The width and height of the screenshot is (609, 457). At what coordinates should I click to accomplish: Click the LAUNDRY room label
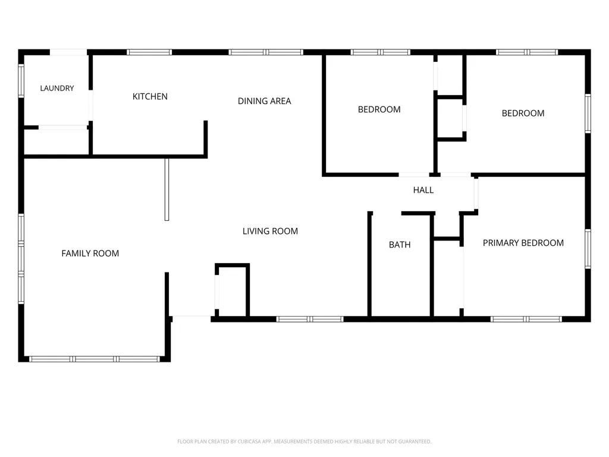(57, 88)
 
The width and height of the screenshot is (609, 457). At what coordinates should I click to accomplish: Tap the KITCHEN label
(150, 96)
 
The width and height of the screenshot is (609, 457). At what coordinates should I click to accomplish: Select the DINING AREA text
(265, 101)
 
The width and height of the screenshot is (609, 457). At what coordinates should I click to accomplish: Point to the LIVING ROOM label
(271, 231)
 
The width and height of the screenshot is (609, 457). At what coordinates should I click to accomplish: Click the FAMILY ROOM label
(90, 253)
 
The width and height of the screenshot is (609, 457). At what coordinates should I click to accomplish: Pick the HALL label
(423, 190)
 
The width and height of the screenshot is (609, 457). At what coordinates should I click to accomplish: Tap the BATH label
(400, 245)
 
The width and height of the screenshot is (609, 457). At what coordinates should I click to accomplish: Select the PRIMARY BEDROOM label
(523, 243)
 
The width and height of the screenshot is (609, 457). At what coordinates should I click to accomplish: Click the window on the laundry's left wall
(21, 81)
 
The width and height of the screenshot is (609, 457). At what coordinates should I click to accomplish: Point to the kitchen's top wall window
(149, 52)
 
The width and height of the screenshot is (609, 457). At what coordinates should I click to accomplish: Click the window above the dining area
(266, 52)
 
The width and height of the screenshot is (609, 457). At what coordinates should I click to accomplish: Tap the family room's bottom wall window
(95, 359)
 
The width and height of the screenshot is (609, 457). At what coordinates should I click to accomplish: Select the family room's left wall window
(21, 258)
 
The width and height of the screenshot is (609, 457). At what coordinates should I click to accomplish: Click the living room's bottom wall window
(310, 320)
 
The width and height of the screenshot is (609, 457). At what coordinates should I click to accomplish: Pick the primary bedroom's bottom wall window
(526, 320)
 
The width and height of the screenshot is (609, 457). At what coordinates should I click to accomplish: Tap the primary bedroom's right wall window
(588, 249)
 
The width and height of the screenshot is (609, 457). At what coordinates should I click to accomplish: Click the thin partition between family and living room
(167, 189)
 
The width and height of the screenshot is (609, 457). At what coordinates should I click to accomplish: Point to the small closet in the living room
(233, 290)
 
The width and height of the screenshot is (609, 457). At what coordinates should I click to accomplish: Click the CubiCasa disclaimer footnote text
(304, 442)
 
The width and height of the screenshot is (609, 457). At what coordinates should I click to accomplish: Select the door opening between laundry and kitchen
(91, 105)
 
